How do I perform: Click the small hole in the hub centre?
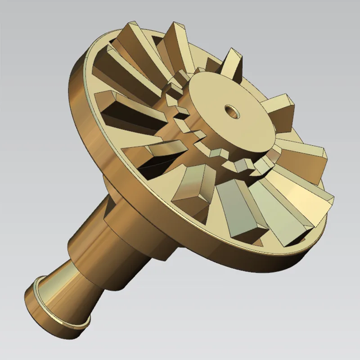tap(232, 111)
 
